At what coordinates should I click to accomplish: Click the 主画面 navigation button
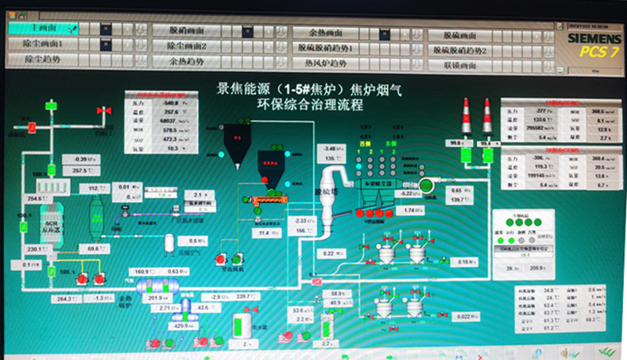(40, 28)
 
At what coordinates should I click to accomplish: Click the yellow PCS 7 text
(600, 52)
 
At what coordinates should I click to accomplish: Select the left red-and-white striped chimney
(466, 116)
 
